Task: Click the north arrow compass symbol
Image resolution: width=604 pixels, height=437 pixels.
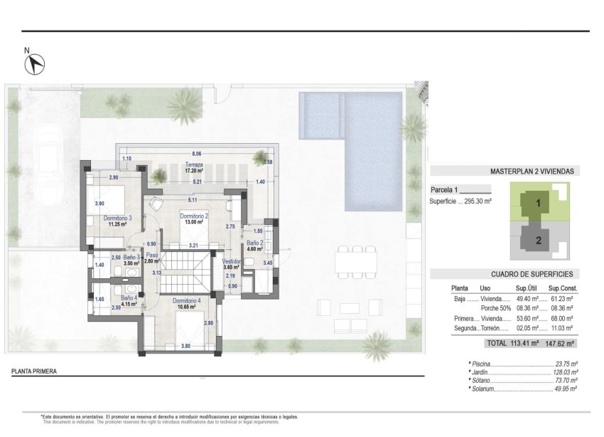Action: point(34,64)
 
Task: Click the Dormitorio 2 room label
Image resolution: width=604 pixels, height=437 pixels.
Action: point(193,218)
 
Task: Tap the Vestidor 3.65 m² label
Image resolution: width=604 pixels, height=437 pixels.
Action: point(232,263)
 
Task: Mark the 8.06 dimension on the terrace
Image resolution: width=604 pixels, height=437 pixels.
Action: point(197,154)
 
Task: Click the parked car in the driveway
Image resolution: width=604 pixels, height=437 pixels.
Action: point(48,153)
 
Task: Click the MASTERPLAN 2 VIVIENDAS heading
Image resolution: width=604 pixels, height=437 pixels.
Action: point(532,172)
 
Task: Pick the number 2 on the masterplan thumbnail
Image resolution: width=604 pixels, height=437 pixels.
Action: point(539,240)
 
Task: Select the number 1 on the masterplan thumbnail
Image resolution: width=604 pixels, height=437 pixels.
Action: point(539,204)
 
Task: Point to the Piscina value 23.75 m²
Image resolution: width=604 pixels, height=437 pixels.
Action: point(565,362)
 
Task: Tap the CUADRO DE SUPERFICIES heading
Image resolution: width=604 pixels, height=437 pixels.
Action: point(532,274)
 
